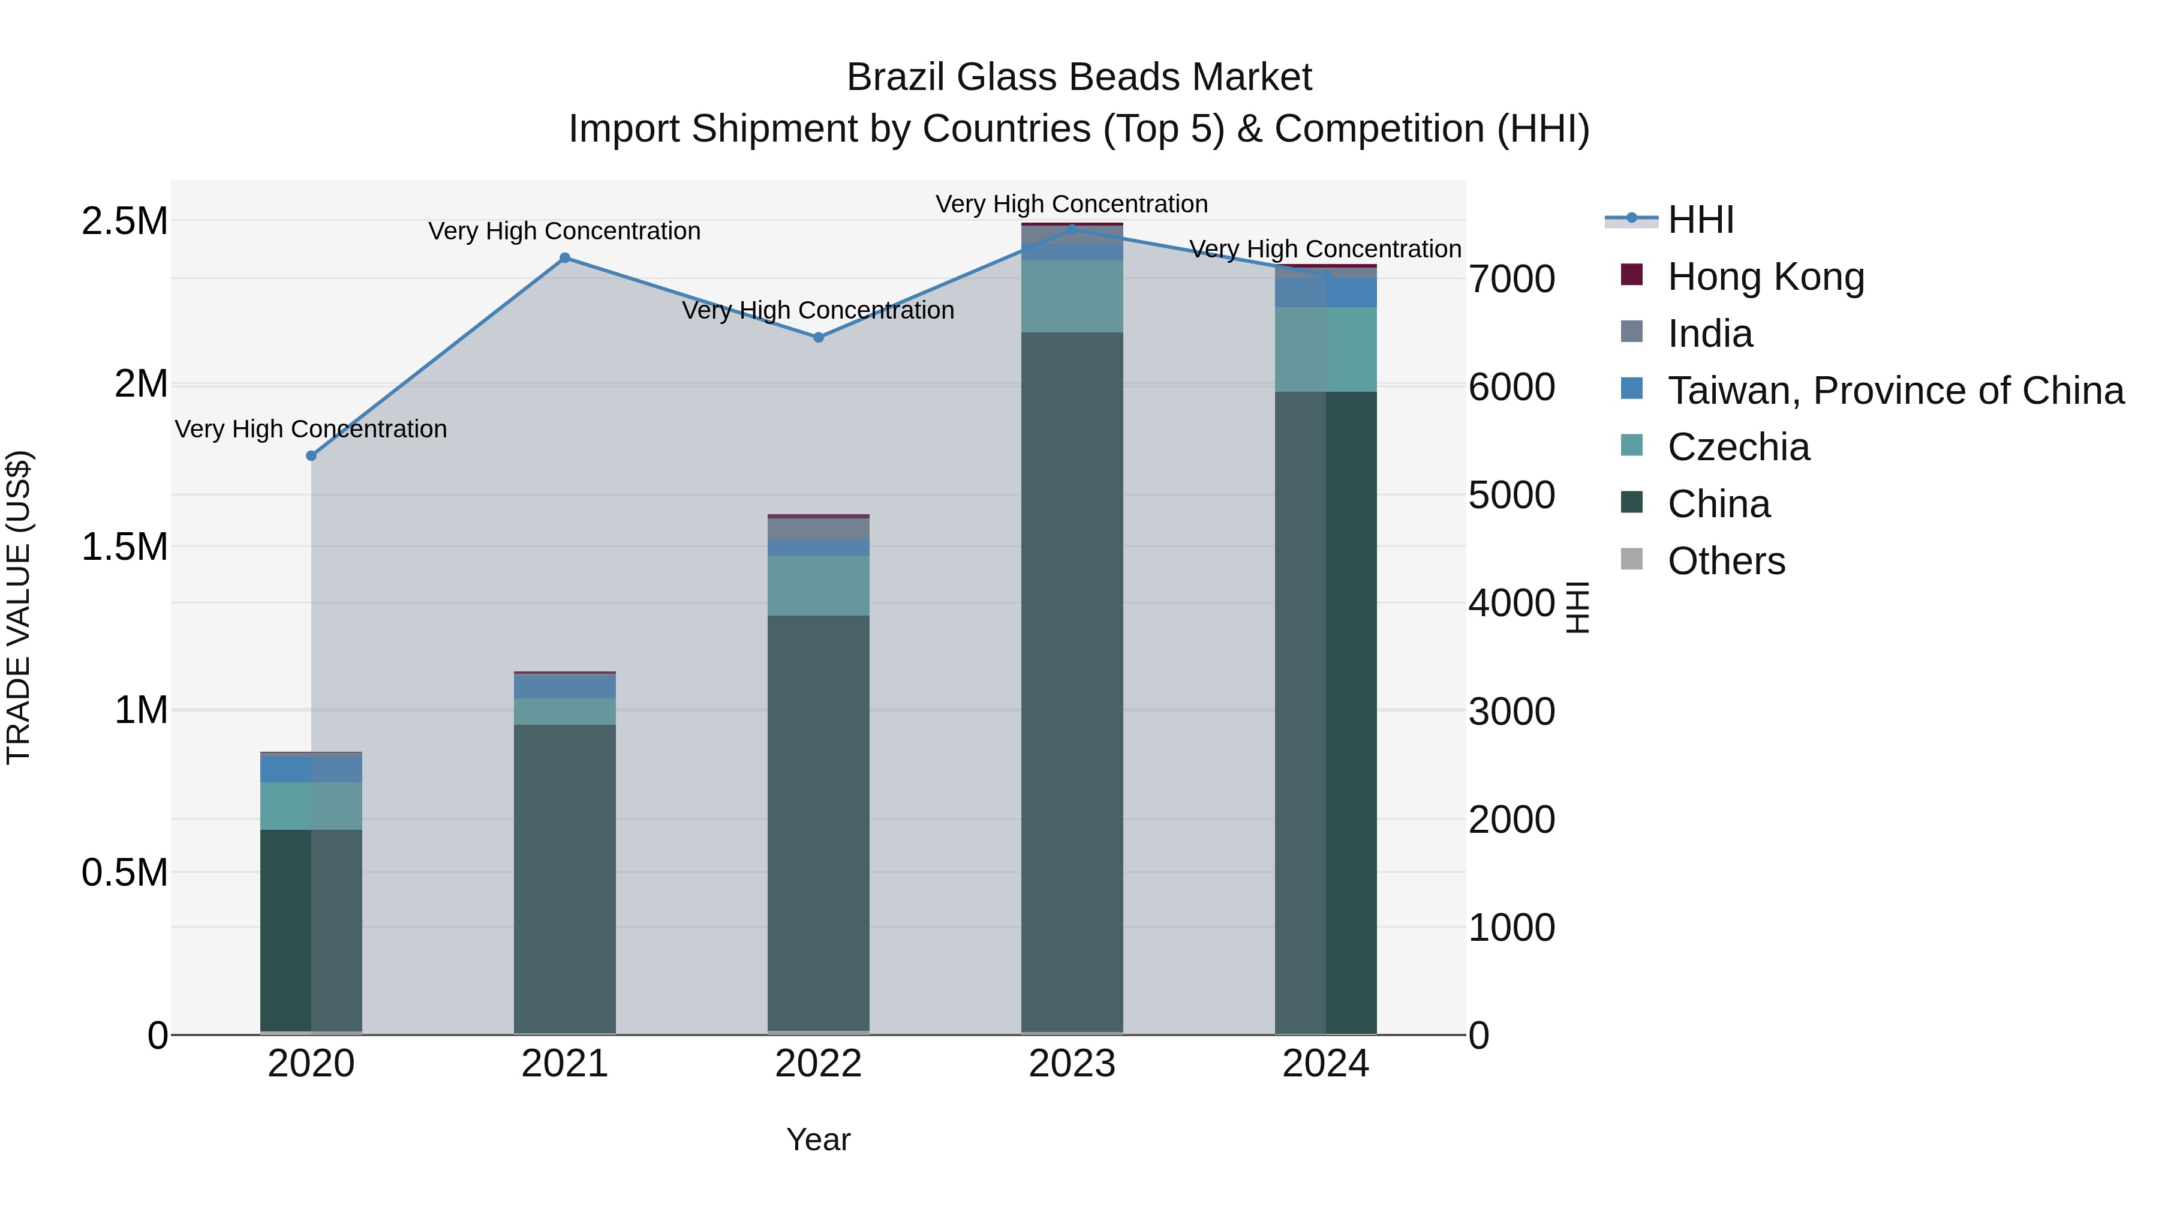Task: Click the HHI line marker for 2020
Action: pyautogui.click(x=311, y=455)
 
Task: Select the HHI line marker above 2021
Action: pyautogui.click(x=565, y=258)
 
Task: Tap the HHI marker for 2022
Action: pyautogui.click(x=819, y=337)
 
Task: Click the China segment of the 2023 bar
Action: pyautogui.click(x=1072, y=683)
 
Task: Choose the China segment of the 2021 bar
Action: pyautogui.click(x=565, y=879)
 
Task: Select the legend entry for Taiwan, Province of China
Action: pyautogui.click(x=1896, y=391)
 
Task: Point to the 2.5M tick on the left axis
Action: pyautogui.click(x=125, y=221)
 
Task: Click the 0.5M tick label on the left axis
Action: pyautogui.click(x=125, y=873)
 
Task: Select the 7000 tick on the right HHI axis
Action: pyautogui.click(x=1512, y=279)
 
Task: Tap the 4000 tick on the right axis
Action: pyautogui.click(x=1512, y=603)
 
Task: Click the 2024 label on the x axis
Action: pyautogui.click(x=1325, y=1064)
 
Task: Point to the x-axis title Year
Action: pyautogui.click(x=818, y=1139)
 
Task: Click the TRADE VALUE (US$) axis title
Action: pyautogui.click(x=19, y=607)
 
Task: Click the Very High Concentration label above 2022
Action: pyautogui.click(x=818, y=310)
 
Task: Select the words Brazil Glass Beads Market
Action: pyautogui.click(x=1079, y=77)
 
